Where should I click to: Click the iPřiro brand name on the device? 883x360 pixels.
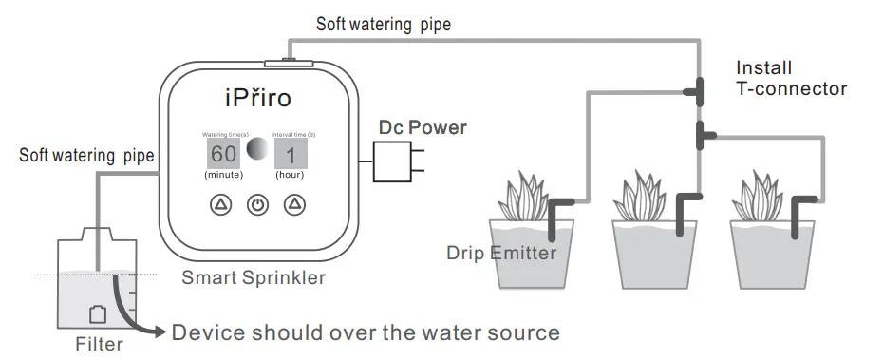tap(258, 99)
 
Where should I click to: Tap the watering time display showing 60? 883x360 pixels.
tap(224, 154)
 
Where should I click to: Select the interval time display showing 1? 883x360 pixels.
tap(291, 154)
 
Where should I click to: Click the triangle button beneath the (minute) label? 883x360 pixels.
tap(220, 204)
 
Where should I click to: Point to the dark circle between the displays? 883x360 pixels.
tap(257, 150)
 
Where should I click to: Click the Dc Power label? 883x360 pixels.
tap(423, 126)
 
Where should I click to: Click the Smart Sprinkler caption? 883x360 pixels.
tap(254, 278)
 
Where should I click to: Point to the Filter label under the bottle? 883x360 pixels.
tap(99, 344)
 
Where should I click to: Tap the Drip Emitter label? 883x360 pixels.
tap(501, 253)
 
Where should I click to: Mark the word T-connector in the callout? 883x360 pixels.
tap(792, 89)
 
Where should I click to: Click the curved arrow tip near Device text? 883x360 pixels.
tap(158, 333)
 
